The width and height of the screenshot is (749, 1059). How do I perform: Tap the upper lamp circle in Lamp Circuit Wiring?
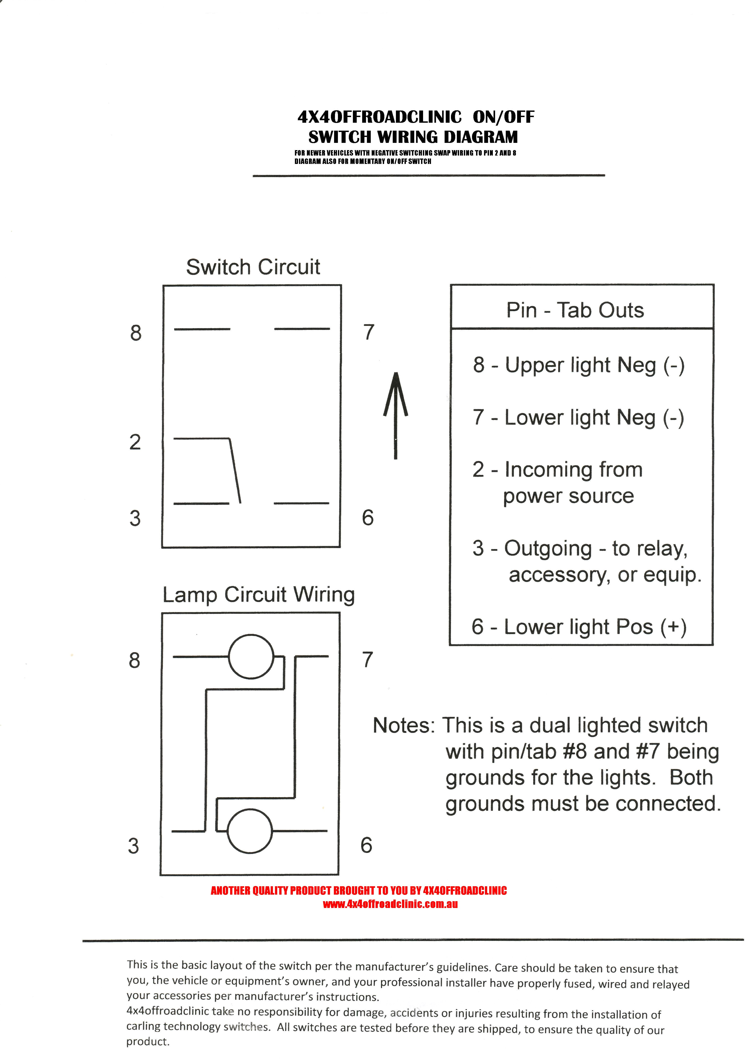(251, 656)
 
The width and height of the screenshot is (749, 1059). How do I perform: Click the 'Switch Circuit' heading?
(253, 267)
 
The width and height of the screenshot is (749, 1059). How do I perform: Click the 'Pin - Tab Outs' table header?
(575, 310)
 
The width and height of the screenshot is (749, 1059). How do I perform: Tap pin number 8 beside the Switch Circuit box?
(136, 333)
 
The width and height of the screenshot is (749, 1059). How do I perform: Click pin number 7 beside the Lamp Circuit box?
(367, 660)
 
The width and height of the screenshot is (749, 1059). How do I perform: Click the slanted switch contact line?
(235, 471)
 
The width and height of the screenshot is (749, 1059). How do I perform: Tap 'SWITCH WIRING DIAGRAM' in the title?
(413, 137)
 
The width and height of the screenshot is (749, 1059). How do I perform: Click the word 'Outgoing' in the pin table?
(548, 548)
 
